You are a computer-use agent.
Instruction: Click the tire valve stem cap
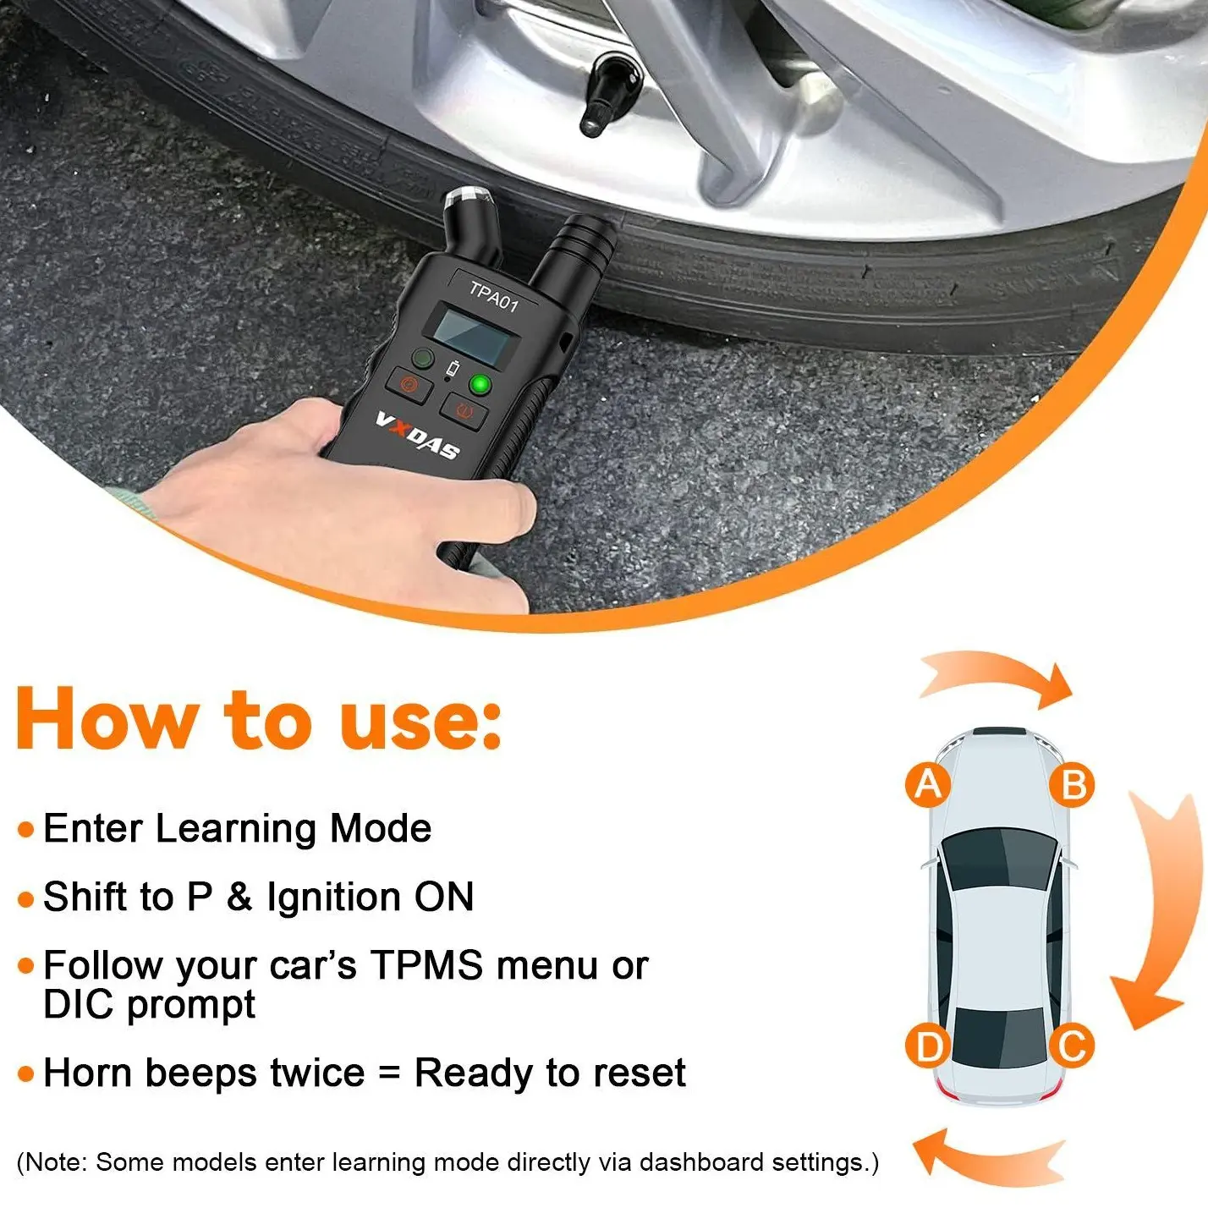click(609, 93)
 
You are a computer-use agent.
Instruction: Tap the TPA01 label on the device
click(494, 297)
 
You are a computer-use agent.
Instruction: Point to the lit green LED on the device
click(480, 384)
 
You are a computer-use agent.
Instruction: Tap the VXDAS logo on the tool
click(418, 434)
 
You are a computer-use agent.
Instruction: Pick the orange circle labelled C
click(1072, 1046)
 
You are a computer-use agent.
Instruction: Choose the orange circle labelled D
click(928, 1046)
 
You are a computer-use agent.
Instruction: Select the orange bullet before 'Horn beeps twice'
click(25, 1074)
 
